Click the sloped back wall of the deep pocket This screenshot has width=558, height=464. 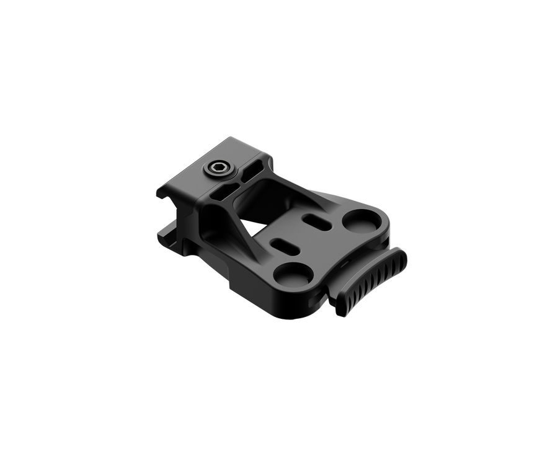[x=273, y=192]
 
